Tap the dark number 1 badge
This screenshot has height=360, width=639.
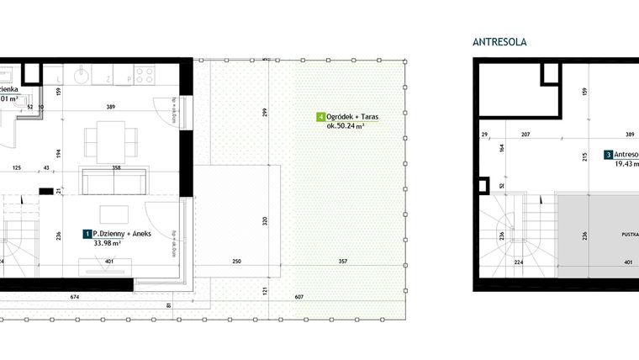pyautogui.click(x=87, y=233)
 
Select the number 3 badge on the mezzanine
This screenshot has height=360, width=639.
pyautogui.click(x=608, y=155)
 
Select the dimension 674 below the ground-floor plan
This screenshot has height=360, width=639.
pyautogui.click(x=75, y=296)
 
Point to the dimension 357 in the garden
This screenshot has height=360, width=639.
pyautogui.click(x=341, y=262)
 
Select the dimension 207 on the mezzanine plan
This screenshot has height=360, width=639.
pyautogui.click(x=525, y=134)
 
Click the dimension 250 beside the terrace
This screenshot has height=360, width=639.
pyautogui.click(x=237, y=262)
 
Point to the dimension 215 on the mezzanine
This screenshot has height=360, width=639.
pyautogui.click(x=584, y=157)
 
